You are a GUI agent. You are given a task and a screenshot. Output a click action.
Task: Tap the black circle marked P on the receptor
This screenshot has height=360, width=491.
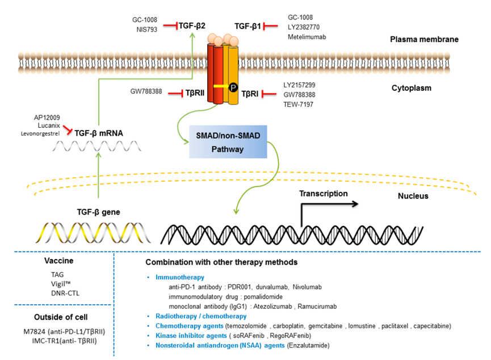click(232, 86)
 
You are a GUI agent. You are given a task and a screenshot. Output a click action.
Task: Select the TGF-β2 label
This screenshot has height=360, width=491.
click(192, 26)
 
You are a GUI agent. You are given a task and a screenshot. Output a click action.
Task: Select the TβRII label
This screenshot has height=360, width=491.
click(196, 93)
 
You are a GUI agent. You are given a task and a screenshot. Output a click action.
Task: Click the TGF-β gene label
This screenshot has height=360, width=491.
click(98, 211)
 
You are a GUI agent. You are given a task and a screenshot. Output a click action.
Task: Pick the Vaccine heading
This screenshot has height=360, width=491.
click(58, 262)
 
